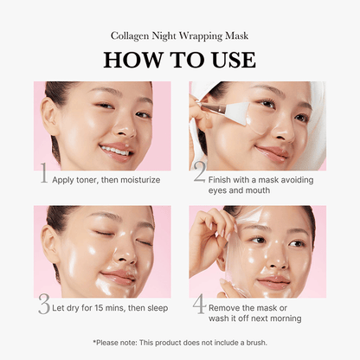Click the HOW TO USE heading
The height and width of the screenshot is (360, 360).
click(179, 60)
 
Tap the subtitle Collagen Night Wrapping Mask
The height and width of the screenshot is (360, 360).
click(179, 36)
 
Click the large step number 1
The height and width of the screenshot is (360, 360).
click(42, 174)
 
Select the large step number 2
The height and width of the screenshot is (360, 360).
click(198, 174)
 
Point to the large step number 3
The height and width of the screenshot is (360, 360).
click(43, 305)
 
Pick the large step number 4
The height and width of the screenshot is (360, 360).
click(198, 305)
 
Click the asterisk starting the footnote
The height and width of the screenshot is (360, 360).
click(93, 342)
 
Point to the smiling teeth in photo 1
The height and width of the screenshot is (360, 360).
click(114, 150)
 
